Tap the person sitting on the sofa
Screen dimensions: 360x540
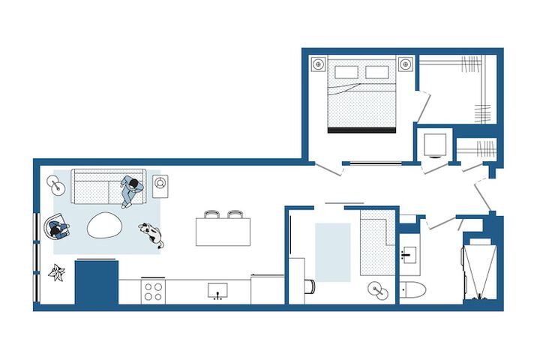[x=131, y=190]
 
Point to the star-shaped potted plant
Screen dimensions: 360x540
[x=56, y=272]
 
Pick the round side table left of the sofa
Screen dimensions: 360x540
[x=54, y=181]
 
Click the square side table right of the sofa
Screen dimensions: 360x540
[x=160, y=183]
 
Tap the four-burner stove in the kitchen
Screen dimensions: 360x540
[x=154, y=290]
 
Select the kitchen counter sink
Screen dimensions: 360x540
[x=218, y=290]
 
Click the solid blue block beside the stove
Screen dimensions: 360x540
[x=97, y=281]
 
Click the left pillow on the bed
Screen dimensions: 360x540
[x=346, y=73]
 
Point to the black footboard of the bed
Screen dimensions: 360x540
[x=361, y=130]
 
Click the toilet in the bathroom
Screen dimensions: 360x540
[x=413, y=289]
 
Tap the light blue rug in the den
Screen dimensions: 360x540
[x=332, y=252]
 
